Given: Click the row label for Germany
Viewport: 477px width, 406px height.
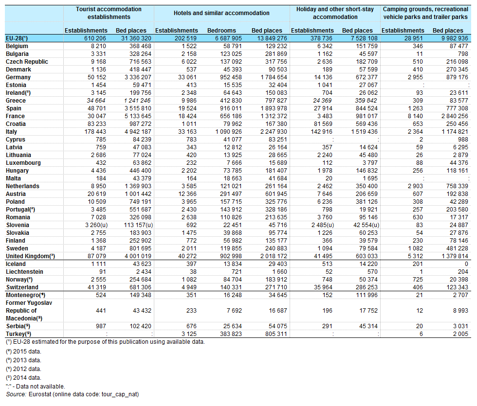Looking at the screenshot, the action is pos(18,77).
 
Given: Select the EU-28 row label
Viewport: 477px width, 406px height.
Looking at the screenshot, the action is pos(17,38).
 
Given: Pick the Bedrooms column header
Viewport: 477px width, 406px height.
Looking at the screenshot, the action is pos(221,30).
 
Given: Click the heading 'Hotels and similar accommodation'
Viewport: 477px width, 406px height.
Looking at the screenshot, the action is pos(221,13).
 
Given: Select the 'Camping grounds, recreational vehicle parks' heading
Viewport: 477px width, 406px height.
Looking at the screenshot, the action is pos(425,13).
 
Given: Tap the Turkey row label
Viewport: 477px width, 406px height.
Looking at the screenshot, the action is pos(18,334).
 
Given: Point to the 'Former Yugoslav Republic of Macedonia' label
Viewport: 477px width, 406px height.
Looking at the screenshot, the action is pos(29,311).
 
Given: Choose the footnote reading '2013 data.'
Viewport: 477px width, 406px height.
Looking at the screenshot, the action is pos(23,360).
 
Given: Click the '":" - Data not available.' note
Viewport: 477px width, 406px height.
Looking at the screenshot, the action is pos(35,387).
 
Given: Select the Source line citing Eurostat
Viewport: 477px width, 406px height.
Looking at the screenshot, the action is pos(73,394).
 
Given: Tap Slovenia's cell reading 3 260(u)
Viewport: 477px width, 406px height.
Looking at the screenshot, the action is pos(96,225).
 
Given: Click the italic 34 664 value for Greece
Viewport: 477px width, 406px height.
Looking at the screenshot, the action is pos(96,101).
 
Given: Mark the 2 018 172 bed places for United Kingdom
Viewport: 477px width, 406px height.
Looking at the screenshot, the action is pos(274,256).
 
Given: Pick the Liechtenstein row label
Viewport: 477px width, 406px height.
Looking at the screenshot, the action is pos(25,272).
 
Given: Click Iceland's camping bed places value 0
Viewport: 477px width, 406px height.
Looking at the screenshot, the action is pos(466,264).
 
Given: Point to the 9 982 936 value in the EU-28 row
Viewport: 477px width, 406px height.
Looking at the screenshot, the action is pos(455,38).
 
